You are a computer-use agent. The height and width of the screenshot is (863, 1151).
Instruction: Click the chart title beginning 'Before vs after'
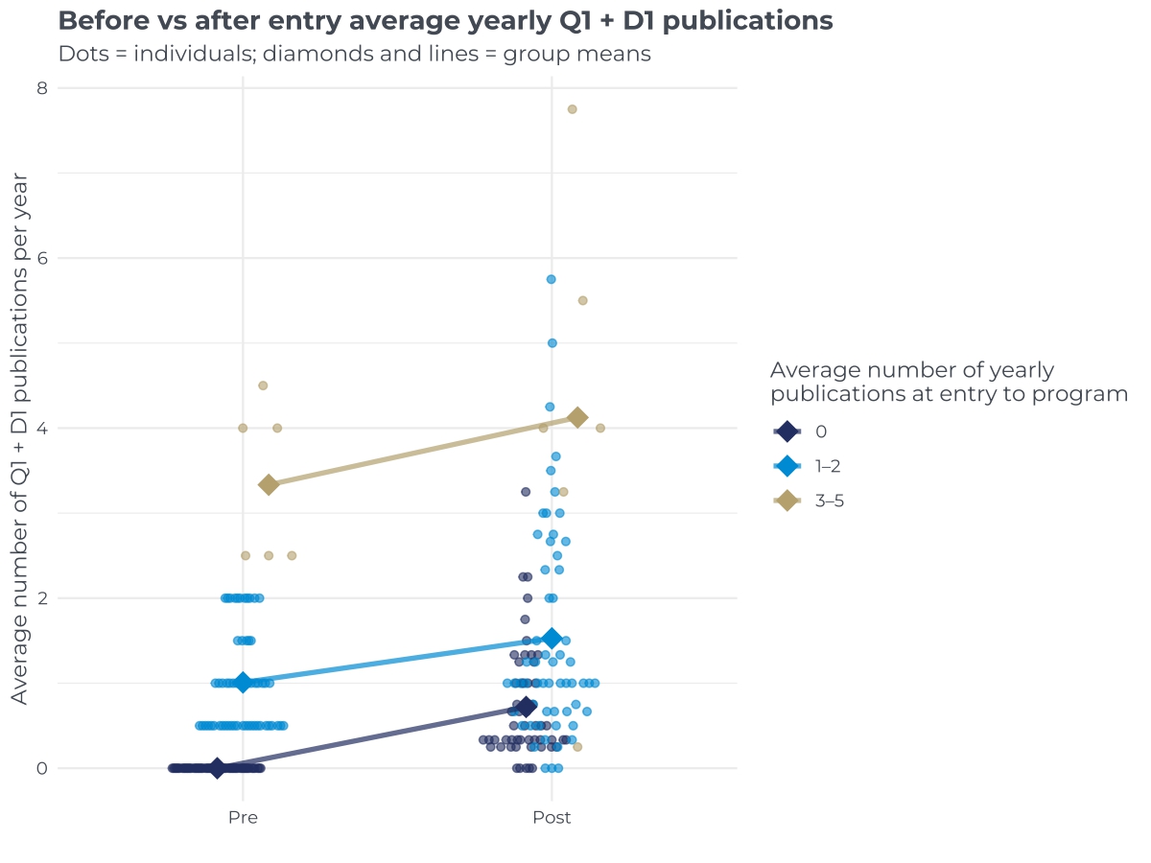(x=445, y=20)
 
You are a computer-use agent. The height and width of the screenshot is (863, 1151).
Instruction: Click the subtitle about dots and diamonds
(x=354, y=54)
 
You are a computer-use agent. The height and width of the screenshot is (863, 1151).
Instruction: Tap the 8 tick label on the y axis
(x=42, y=88)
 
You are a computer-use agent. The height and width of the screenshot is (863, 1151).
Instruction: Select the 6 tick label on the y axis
(x=42, y=258)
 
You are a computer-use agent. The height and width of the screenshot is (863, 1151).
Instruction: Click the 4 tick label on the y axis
(x=42, y=428)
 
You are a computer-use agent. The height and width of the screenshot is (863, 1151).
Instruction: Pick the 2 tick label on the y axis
(x=42, y=598)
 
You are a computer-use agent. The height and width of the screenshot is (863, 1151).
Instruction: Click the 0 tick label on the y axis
(x=42, y=768)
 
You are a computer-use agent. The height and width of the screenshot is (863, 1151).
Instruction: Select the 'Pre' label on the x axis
(x=243, y=818)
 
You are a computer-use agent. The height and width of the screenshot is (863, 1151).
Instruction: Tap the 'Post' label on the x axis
(x=552, y=818)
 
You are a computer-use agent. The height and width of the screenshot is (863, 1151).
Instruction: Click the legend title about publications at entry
(x=948, y=382)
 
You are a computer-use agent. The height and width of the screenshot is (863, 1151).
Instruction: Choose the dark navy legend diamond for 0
(x=787, y=431)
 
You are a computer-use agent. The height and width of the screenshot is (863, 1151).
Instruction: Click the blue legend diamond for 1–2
(x=787, y=466)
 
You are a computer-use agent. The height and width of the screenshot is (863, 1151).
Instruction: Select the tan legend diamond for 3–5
(x=787, y=501)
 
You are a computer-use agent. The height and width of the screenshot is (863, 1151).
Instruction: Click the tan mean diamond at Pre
(x=269, y=484)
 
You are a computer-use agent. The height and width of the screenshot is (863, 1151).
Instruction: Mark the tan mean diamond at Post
(x=577, y=417)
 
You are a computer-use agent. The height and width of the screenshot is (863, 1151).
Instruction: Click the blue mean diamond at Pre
(x=243, y=683)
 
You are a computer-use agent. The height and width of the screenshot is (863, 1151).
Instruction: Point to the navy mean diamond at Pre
(x=217, y=768)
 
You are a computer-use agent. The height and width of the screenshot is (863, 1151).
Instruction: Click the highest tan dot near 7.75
(x=572, y=109)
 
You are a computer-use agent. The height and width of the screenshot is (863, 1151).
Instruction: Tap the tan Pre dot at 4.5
(x=263, y=385)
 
